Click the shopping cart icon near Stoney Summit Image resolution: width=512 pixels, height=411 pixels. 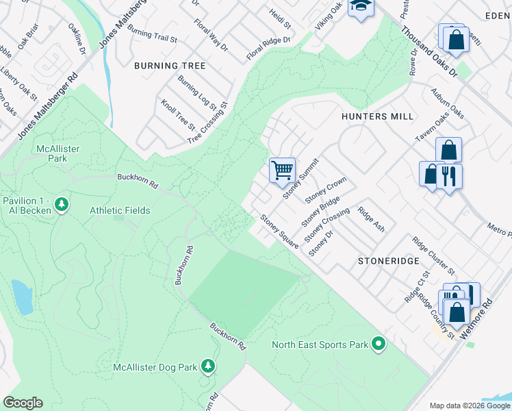point(282,170)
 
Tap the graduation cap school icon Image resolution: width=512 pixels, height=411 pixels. point(359,7)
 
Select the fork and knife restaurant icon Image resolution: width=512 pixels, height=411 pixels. point(448,176)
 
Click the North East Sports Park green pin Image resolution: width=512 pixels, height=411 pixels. point(379,345)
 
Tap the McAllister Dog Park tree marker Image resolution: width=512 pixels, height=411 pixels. point(208,367)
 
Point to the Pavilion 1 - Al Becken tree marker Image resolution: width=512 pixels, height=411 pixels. point(62,204)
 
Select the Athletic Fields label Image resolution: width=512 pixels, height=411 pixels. point(120,210)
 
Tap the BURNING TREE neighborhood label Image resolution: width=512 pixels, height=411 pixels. point(170,66)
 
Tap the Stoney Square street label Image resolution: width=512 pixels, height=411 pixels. point(279,232)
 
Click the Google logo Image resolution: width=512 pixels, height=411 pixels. point(23,403)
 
